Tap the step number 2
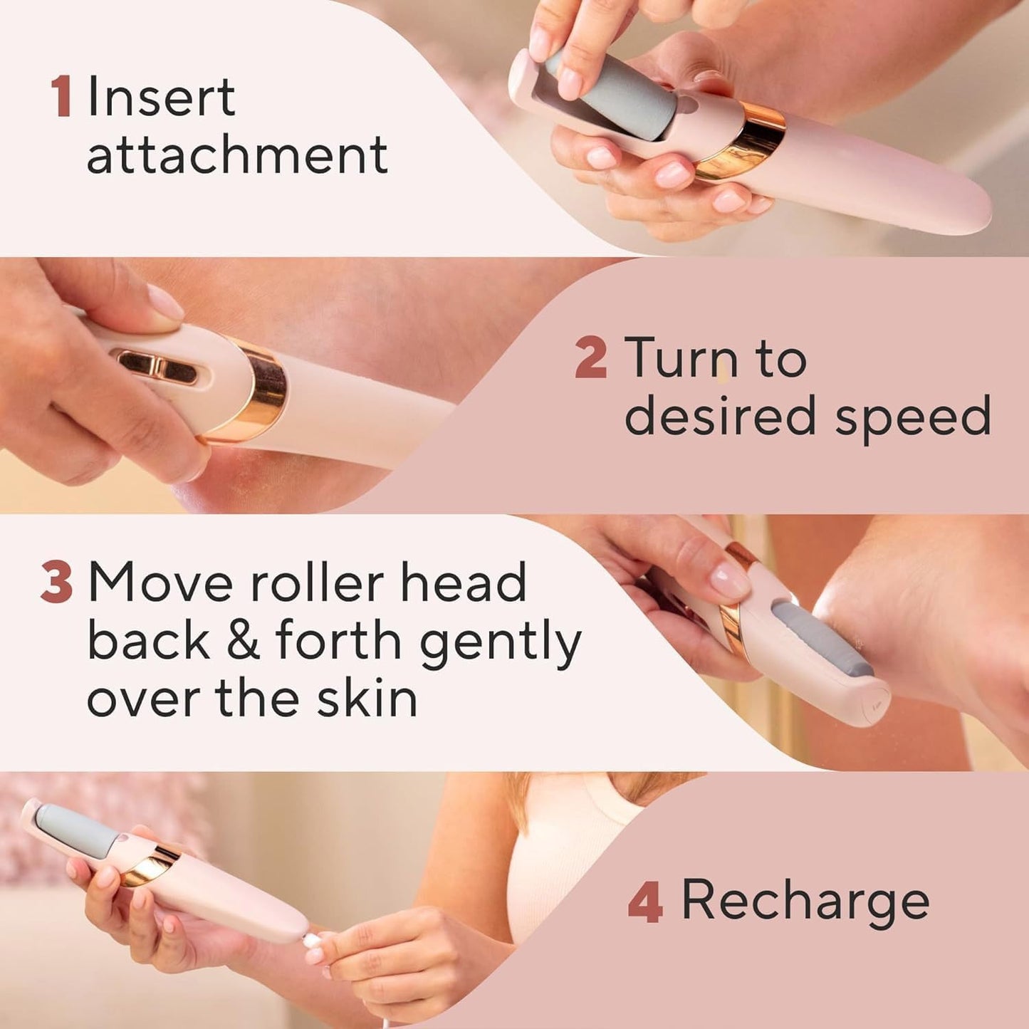(590, 358)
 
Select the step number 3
(56, 583)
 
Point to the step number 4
(645, 900)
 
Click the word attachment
(237, 155)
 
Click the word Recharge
(805, 900)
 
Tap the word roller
(318, 583)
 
